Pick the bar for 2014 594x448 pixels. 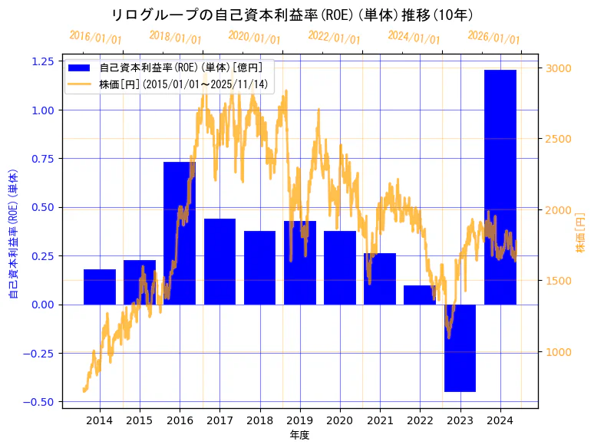click(x=100, y=287)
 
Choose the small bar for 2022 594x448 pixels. click(x=420, y=295)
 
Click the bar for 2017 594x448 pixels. click(x=219, y=261)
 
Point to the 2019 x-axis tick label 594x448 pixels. click(x=299, y=420)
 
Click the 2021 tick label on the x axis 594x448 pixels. click(x=380, y=420)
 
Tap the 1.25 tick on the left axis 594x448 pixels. click(x=43, y=61)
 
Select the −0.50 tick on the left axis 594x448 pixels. click(x=40, y=401)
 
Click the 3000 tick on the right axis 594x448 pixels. click(x=559, y=68)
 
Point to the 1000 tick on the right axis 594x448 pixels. click(x=559, y=352)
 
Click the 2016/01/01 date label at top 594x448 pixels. click(x=95, y=38)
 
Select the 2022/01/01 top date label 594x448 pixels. click(x=334, y=38)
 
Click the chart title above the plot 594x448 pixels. click(x=292, y=15)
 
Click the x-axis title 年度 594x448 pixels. click(x=299, y=435)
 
